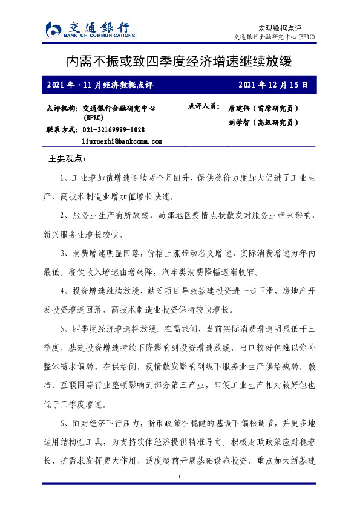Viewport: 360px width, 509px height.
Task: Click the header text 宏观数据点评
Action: click(x=280, y=28)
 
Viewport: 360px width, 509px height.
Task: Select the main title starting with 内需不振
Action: click(x=180, y=62)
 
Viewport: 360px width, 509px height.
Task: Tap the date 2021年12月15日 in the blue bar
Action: click(x=273, y=85)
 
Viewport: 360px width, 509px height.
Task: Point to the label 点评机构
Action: click(x=62, y=108)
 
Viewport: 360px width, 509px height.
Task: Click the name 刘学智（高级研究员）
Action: click(x=263, y=122)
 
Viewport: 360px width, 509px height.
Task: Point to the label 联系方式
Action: click(x=62, y=130)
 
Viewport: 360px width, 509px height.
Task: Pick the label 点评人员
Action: click(x=203, y=106)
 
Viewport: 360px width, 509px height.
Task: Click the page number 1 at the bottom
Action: click(x=180, y=478)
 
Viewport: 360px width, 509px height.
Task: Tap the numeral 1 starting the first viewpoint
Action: click(x=64, y=179)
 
